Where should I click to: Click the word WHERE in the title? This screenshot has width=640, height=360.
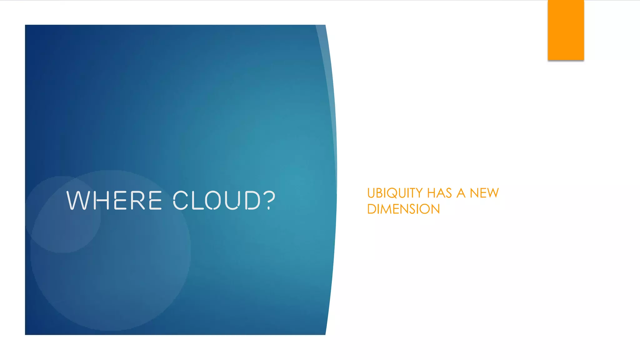(114, 200)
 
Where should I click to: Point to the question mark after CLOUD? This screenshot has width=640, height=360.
(269, 200)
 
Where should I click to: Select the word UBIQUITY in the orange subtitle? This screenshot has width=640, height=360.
(395, 193)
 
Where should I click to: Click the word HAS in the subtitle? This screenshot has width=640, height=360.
(439, 193)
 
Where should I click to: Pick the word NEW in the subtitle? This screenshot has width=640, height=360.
(484, 193)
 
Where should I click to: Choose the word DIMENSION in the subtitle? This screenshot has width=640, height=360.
(403, 209)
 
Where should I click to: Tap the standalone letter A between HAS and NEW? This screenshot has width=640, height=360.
(461, 193)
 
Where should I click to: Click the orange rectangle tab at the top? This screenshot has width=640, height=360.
(566, 30)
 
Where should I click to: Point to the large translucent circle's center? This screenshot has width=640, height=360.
(111, 250)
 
